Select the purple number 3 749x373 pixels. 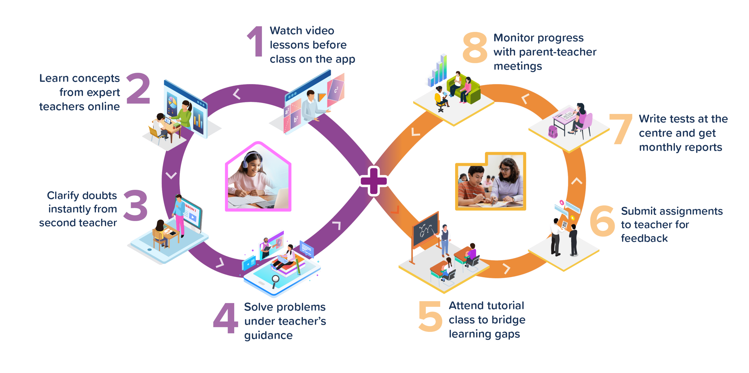[x=135, y=205]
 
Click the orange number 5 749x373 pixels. [x=430, y=316]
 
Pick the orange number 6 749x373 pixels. [x=602, y=221]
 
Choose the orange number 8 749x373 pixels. [x=475, y=47]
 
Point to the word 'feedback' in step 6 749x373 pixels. [x=644, y=238]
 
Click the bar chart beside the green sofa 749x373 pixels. [x=438, y=71]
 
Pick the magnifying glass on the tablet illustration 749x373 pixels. [x=275, y=280]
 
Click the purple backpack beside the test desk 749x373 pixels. [x=552, y=132]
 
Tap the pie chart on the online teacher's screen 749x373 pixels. [x=172, y=102]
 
